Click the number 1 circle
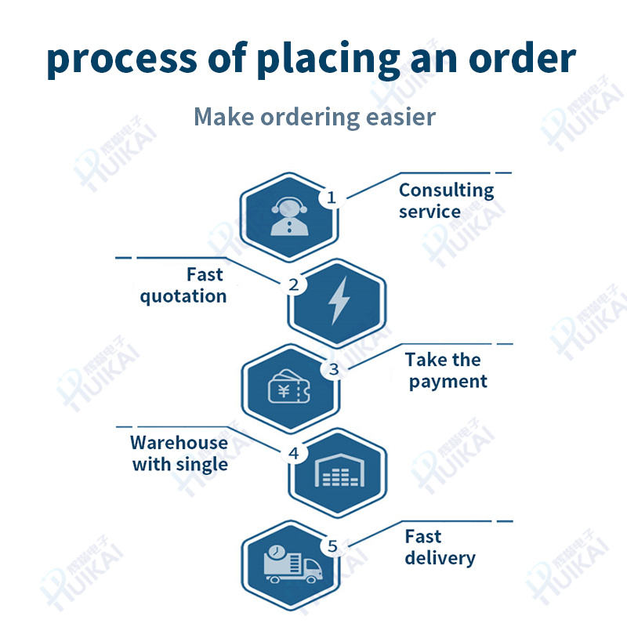pyautogui.click(x=331, y=198)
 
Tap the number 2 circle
pyautogui.click(x=294, y=285)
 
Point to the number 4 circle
pyautogui.click(x=294, y=453)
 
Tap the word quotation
pyautogui.click(x=183, y=296)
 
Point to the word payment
pyautogui.click(x=448, y=382)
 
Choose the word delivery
pyautogui.click(x=440, y=558)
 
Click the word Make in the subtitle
pyautogui.click(x=220, y=118)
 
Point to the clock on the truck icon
pyautogui.click(x=275, y=552)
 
